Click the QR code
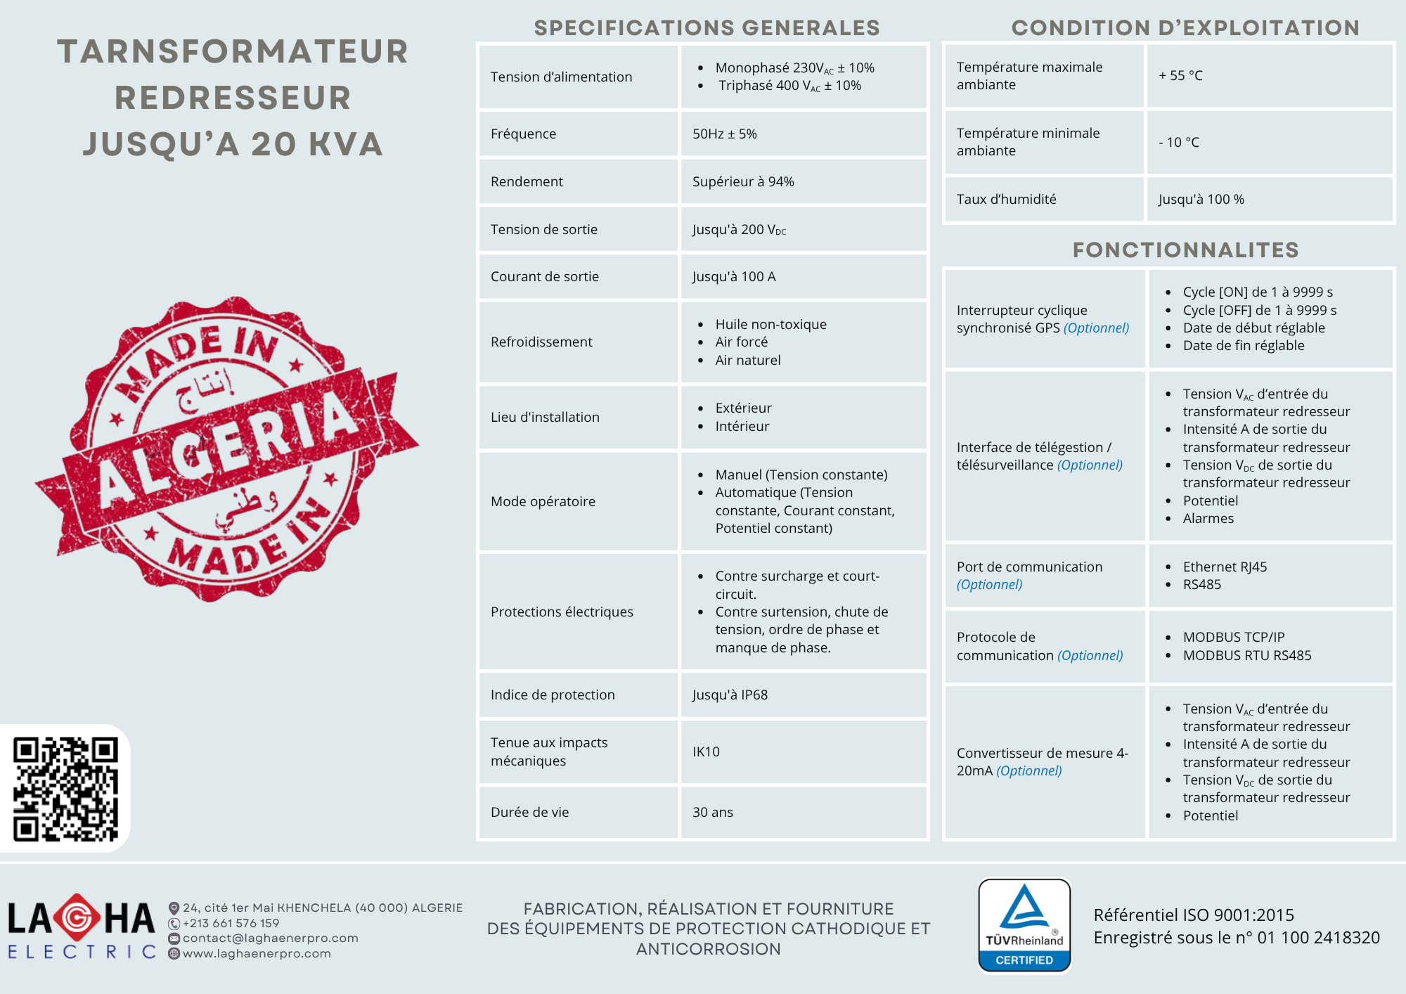click(65, 789)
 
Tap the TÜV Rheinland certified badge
click(1024, 925)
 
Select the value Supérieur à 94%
click(743, 181)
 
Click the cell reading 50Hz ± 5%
click(724, 134)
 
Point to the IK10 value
click(706, 751)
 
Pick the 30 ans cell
click(712, 812)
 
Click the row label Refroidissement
click(541, 342)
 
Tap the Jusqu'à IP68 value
click(730, 695)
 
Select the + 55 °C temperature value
click(1180, 75)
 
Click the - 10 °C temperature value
click(1179, 142)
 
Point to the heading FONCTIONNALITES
click(1185, 250)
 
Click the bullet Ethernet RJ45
click(1225, 567)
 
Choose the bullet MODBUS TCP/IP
click(1233, 637)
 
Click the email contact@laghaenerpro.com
click(270, 938)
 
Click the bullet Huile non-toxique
click(770, 324)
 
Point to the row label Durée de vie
click(529, 812)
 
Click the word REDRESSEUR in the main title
click(233, 98)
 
